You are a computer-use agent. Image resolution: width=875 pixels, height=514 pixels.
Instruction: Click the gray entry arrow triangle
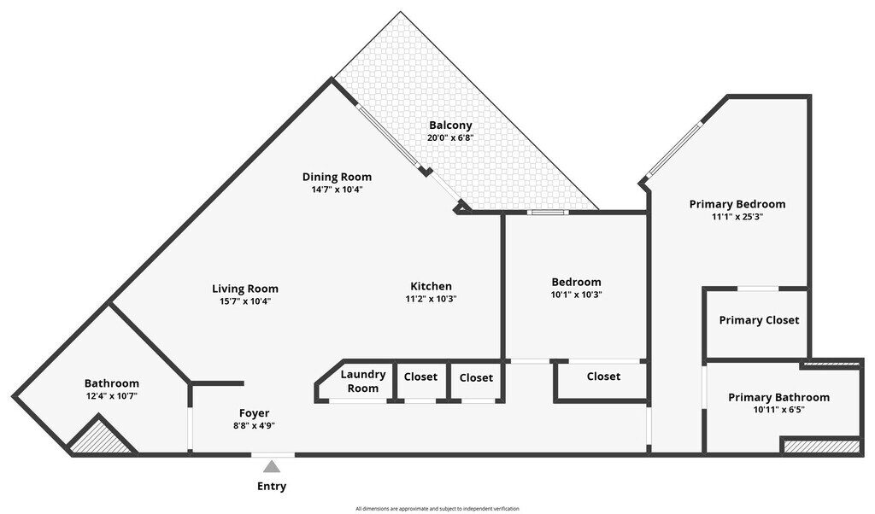click(x=272, y=466)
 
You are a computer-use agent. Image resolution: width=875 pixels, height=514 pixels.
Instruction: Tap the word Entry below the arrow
click(x=272, y=487)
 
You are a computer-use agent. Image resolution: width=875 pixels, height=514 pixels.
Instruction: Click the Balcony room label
click(x=450, y=126)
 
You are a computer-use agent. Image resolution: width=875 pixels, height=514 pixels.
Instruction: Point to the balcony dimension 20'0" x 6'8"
click(x=450, y=137)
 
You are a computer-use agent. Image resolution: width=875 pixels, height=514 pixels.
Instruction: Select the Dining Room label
click(x=337, y=177)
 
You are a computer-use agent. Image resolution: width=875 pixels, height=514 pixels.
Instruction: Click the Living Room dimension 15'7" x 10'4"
click(x=245, y=301)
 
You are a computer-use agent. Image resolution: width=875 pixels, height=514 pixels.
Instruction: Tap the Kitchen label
click(x=431, y=286)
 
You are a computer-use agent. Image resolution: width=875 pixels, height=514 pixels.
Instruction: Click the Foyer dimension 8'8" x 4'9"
click(x=254, y=425)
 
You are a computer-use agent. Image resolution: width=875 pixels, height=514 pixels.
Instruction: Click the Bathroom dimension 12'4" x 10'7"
click(x=111, y=396)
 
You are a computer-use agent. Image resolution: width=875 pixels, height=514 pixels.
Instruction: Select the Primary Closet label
click(x=759, y=320)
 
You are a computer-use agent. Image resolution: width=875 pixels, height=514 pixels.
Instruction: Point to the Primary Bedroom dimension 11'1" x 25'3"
click(x=737, y=217)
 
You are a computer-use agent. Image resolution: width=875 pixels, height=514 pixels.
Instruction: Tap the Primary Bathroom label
click(x=778, y=397)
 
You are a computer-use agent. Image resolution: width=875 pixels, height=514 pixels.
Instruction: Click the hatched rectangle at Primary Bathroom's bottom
click(x=821, y=446)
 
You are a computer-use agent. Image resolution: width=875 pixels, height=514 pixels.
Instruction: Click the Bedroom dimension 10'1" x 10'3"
click(x=576, y=295)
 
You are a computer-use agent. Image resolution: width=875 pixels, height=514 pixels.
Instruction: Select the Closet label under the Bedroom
click(x=603, y=377)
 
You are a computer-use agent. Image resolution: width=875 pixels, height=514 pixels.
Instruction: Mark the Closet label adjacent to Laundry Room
click(x=420, y=377)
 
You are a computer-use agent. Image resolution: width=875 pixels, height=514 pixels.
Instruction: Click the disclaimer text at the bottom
click(x=437, y=508)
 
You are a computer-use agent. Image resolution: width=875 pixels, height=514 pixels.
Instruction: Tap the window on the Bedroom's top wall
click(x=546, y=212)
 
